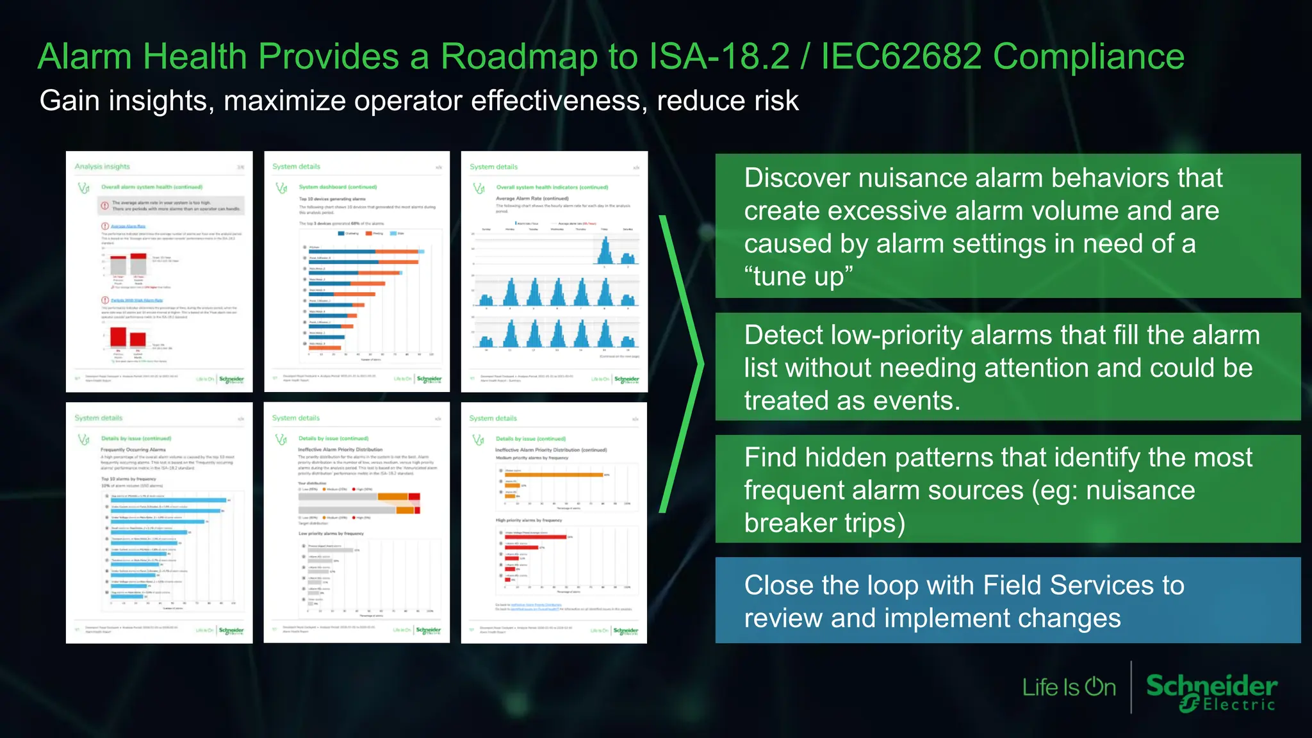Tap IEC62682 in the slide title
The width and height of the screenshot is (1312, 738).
point(901,56)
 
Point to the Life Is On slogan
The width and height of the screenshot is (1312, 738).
point(1069,687)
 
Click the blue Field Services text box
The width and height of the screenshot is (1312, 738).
point(1007,600)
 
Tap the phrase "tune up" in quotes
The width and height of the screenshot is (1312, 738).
point(798,277)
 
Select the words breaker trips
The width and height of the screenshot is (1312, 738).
point(824,523)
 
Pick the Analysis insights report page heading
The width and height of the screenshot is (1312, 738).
point(102,167)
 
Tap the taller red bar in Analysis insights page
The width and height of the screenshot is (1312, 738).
point(119,336)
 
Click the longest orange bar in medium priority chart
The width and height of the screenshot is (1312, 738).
point(553,475)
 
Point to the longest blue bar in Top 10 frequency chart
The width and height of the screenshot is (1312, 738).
point(168,500)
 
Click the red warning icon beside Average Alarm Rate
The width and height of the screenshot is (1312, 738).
point(105,226)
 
